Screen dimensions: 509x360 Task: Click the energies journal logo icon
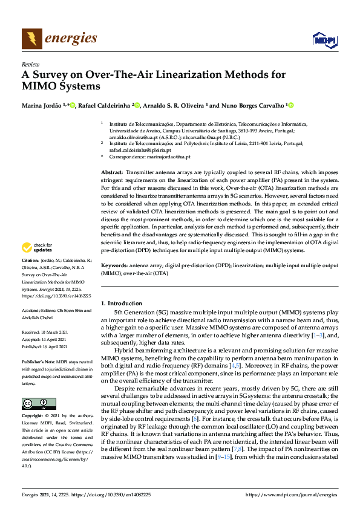(32, 39)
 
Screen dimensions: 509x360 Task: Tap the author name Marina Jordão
(42, 105)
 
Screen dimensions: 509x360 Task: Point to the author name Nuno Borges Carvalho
(252, 105)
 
